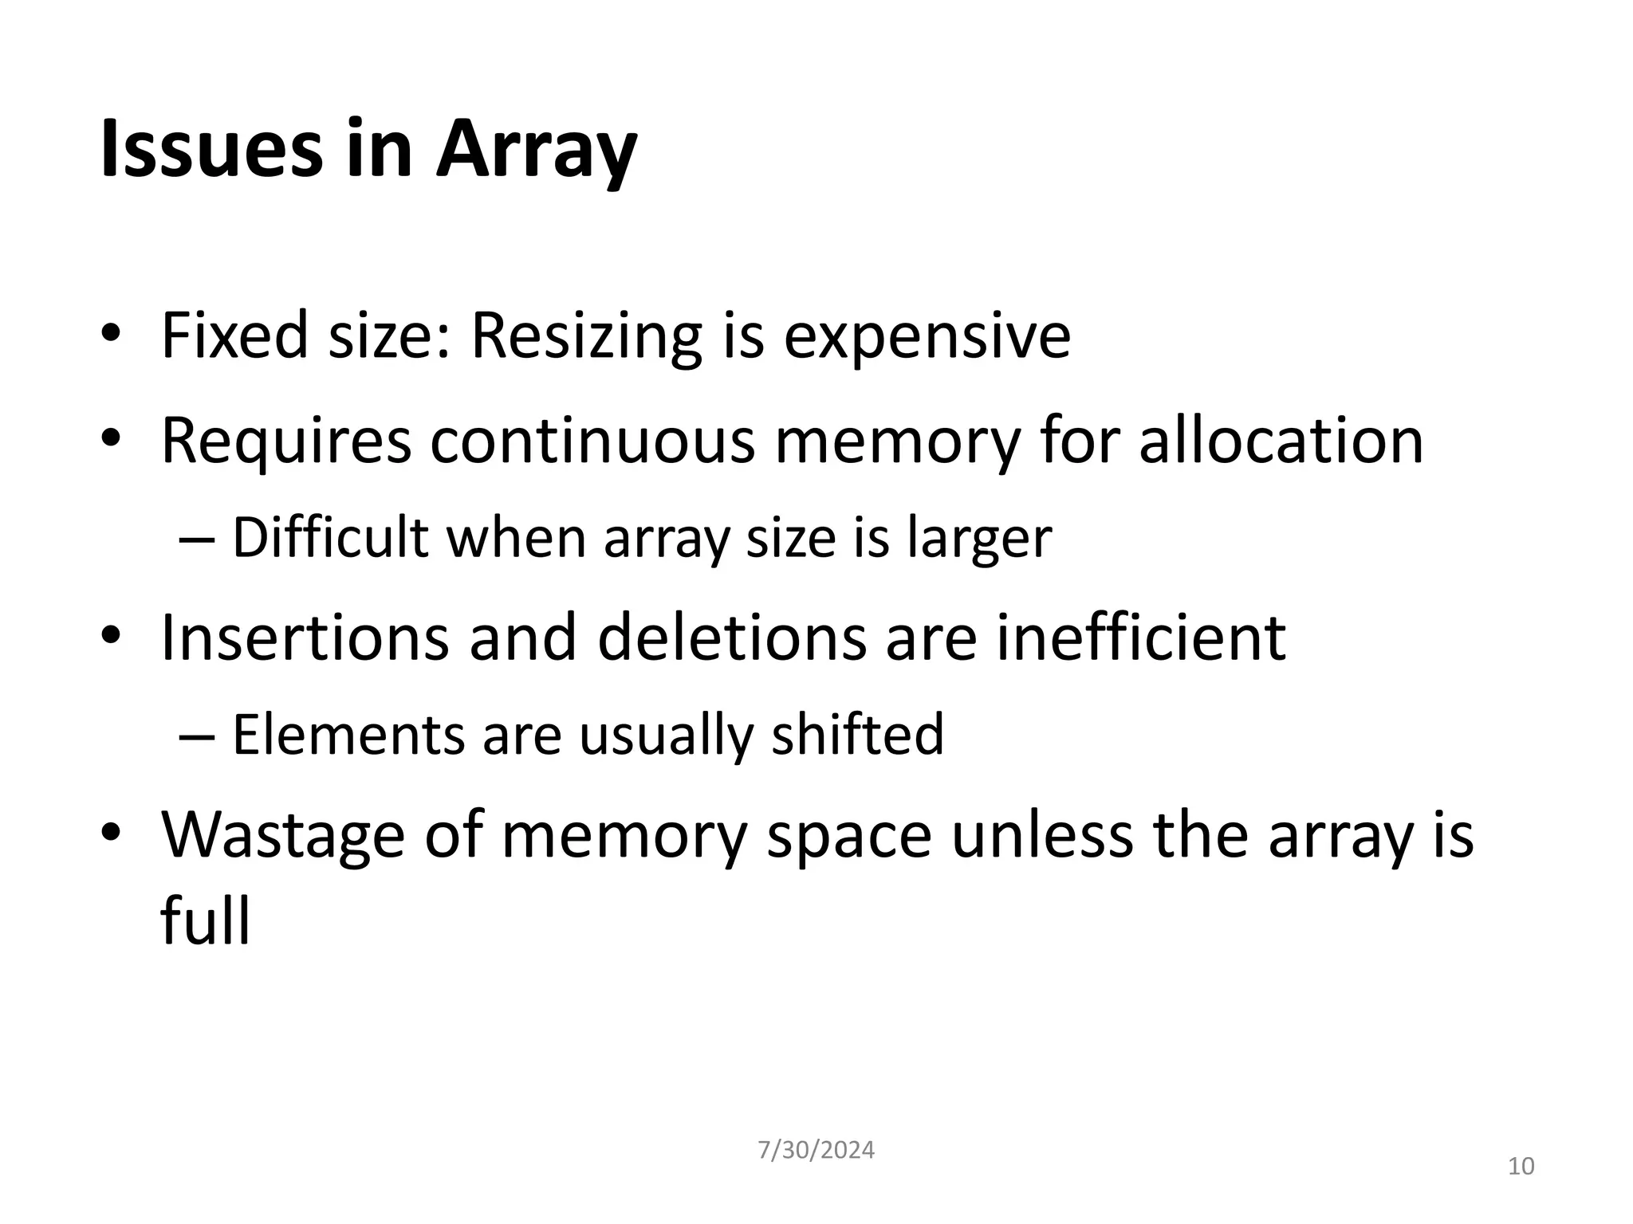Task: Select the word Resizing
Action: click(x=586, y=335)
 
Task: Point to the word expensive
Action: click(x=927, y=337)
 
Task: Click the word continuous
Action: click(x=592, y=441)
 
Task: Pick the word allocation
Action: click(x=1281, y=441)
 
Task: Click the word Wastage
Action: click(x=282, y=836)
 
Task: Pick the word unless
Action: click(x=1042, y=834)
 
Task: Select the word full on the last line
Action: click(x=205, y=920)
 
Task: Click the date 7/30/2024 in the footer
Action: click(x=816, y=1150)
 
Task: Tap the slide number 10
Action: click(x=1521, y=1167)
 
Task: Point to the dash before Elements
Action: click(x=197, y=736)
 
